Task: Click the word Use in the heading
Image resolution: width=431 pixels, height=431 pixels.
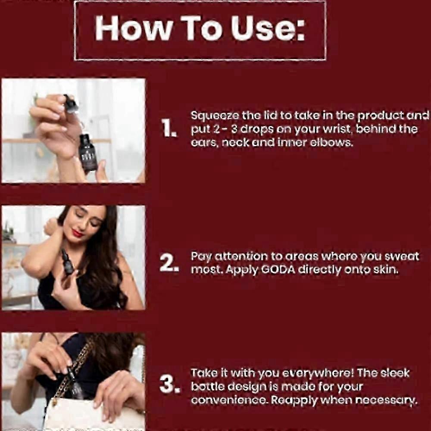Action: point(268,28)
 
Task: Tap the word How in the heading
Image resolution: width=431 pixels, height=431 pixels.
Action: point(134,28)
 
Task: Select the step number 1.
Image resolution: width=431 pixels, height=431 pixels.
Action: point(169,128)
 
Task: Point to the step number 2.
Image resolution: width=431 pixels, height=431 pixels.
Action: point(169,263)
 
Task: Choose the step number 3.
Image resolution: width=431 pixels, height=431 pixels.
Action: point(169,384)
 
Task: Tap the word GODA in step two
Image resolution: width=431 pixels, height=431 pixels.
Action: point(278,270)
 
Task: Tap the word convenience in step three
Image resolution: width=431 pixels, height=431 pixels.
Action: point(229,400)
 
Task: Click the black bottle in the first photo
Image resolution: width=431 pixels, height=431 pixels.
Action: point(87,153)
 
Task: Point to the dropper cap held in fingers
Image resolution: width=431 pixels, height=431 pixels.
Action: point(71,103)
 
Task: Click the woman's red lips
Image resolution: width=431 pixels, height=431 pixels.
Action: point(77,233)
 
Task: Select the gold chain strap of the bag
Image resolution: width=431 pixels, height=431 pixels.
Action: point(72,371)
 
